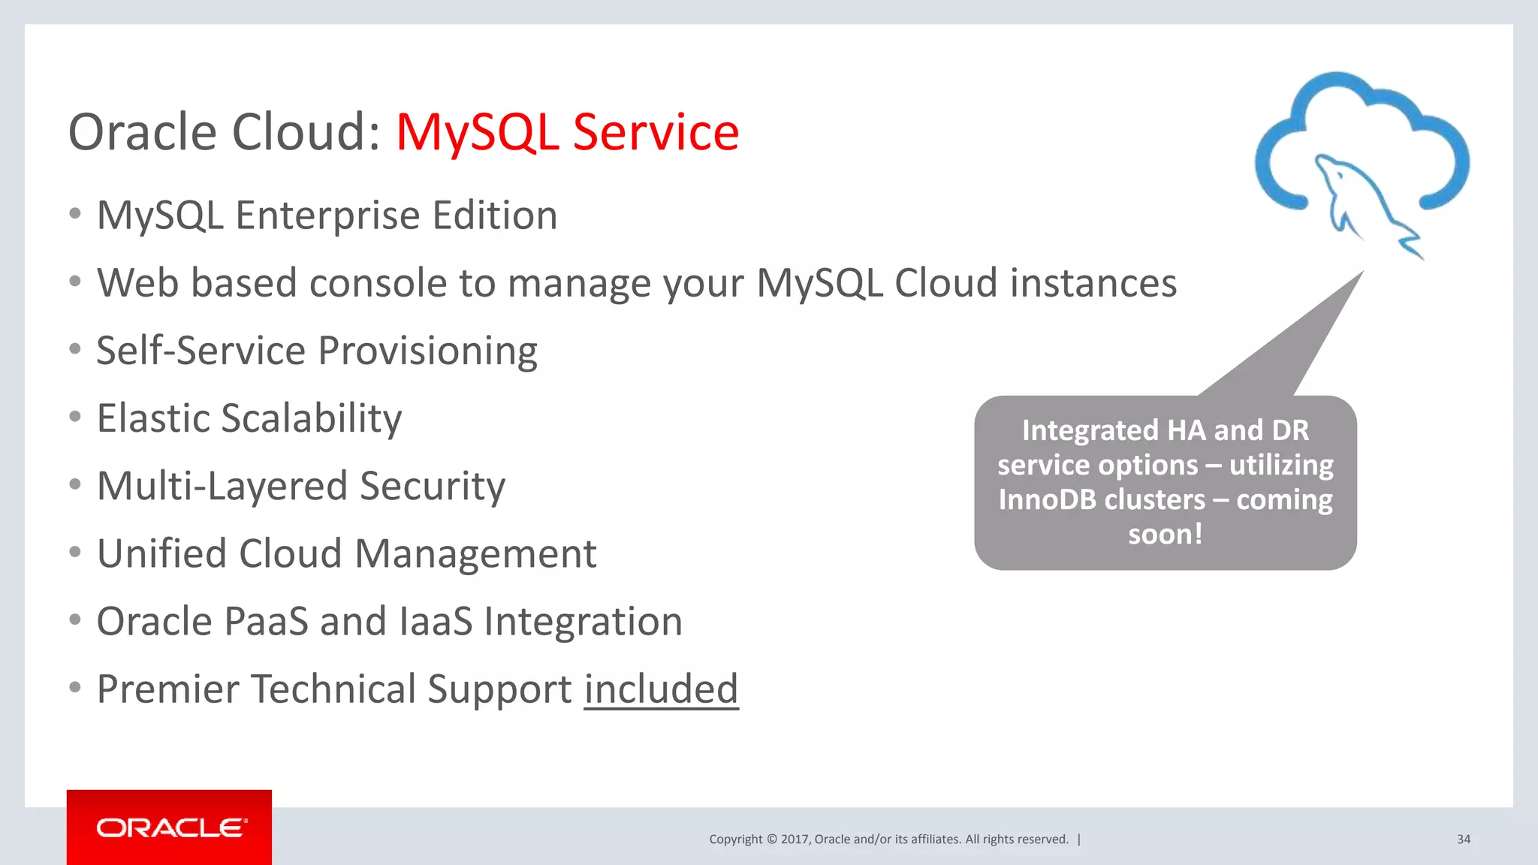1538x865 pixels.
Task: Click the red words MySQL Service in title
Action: point(567,132)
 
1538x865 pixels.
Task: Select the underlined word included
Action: point(661,689)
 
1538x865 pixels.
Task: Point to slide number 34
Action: point(1463,839)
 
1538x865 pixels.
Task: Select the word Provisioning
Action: point(427,351)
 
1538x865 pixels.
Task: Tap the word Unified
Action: point(161,554)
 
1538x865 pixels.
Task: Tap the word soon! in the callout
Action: point(1165,535)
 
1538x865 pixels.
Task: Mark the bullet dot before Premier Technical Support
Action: point(74,687)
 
